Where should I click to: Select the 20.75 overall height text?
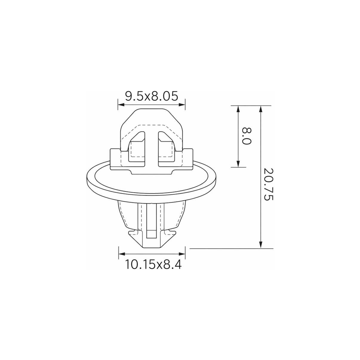click(268, 184)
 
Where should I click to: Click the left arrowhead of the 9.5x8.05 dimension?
click(121, 104)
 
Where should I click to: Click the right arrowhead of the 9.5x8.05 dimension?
click(182, 104)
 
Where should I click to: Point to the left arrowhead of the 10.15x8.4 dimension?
click(122, 254)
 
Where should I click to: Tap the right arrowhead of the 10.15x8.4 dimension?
click(182, 254)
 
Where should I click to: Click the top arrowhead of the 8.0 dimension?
click(238, 109)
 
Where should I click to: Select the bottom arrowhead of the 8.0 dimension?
click(238, 164)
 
